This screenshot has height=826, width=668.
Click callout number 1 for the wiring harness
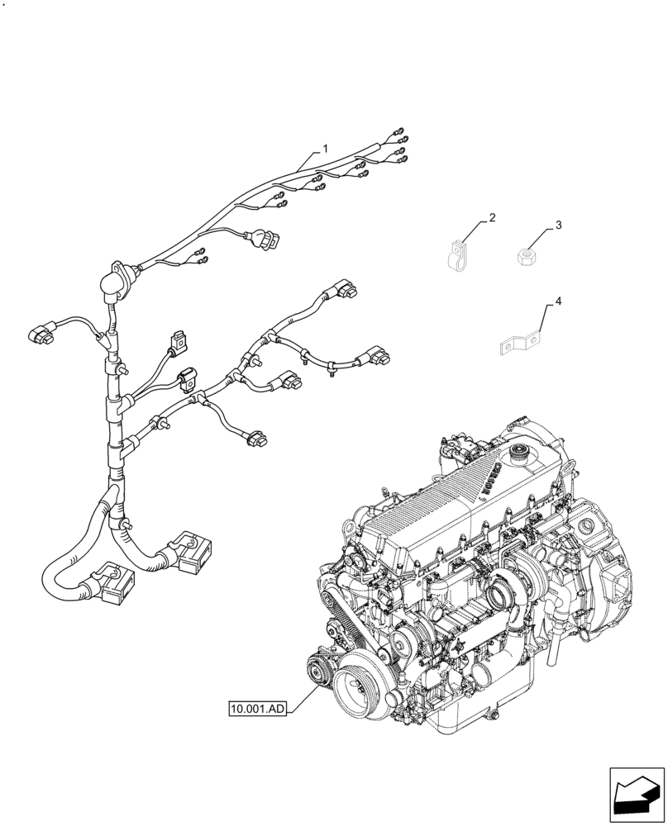click(325, 149)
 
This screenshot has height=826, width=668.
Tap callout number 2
click(492, 218)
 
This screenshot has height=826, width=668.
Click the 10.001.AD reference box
click(258, 708)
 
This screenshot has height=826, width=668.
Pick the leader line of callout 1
click(307, 162)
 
